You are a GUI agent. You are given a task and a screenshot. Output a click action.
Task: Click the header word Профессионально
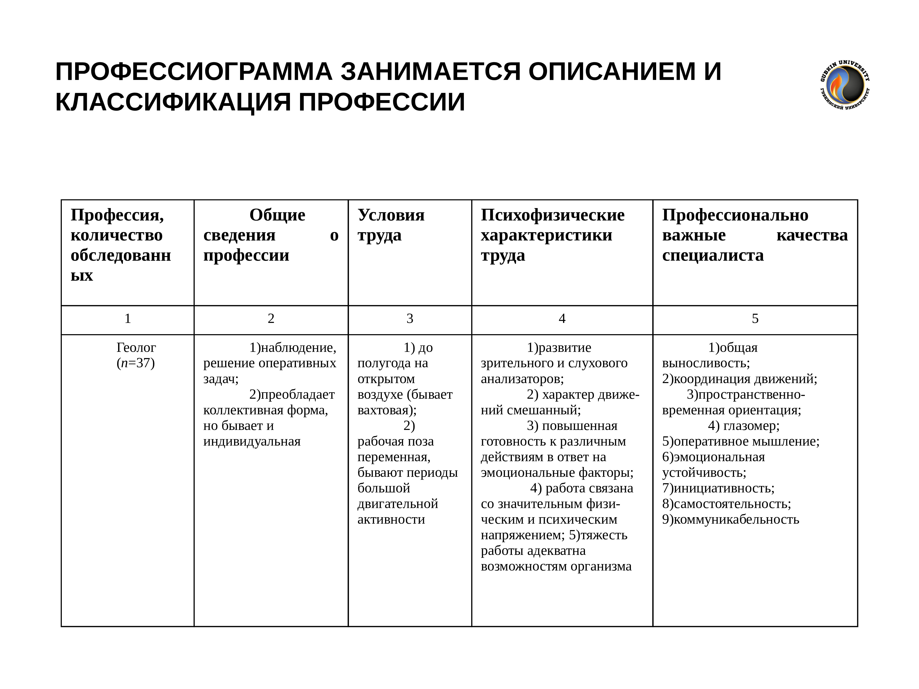click(735, 215)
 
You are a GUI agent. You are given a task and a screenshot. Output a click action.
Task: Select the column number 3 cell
click(410, 319)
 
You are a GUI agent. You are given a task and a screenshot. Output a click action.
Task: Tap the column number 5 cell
click(755, 319)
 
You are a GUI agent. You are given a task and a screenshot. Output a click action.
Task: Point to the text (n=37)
click(136, 363)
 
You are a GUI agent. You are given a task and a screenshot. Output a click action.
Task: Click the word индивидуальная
click(252, 441)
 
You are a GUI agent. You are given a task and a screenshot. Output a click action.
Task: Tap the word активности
click(391, 519)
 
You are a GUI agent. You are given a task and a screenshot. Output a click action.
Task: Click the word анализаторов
click(522, 379)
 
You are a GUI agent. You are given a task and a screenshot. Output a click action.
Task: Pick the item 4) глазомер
click(743, 426)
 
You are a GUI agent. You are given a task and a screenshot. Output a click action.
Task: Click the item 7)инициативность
click(718, 488)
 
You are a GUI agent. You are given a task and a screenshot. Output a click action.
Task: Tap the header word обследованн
click(120, 255)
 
